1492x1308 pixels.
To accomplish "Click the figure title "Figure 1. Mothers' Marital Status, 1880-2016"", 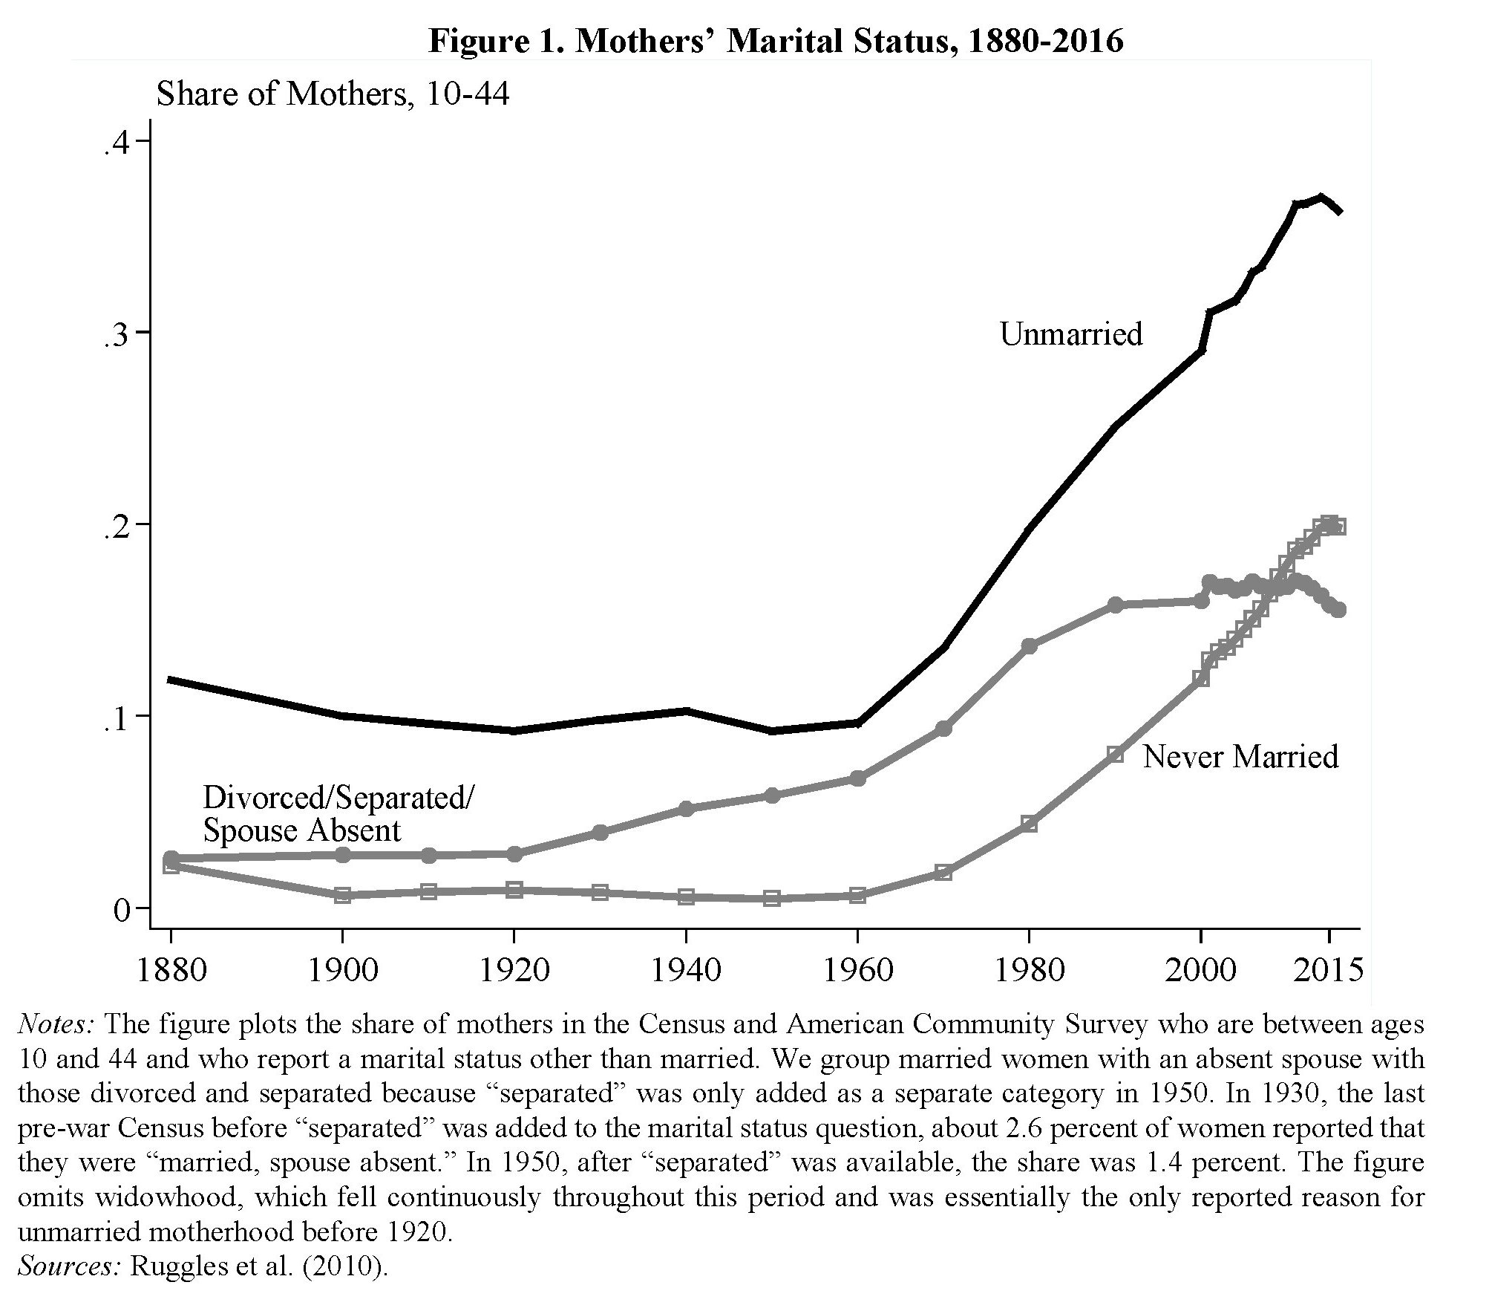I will point(776,41).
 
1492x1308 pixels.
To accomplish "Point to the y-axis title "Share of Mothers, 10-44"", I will point(333,94).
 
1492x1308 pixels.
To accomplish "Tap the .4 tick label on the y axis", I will point(118,143).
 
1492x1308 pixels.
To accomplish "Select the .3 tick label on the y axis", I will point(118,333).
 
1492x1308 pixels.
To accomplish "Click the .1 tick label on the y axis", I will point(118,717).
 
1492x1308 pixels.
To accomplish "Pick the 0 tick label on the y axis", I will point(122,909).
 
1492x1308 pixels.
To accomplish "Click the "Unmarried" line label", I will point(1070,334).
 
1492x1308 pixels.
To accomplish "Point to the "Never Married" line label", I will point(1240,757).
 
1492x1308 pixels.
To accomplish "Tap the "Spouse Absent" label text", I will point(302,830).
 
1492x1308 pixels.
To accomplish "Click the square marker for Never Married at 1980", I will point(1029,824).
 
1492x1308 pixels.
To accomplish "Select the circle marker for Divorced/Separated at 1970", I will point(943,729).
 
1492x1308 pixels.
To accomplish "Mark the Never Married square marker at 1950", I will point(772,898).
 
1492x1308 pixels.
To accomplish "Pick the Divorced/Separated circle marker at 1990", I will point(1115,605).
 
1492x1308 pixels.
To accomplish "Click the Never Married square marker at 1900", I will point(342,895).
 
